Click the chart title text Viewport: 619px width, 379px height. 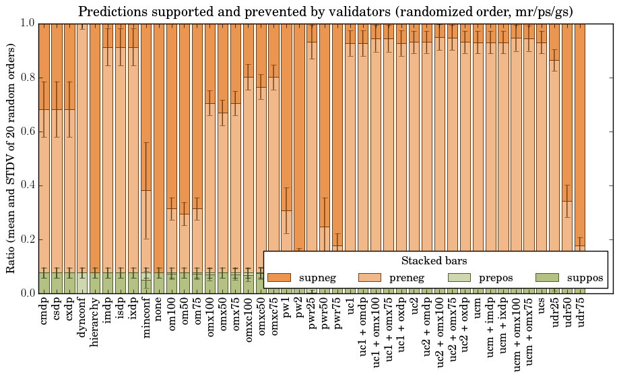[x=325, y=11]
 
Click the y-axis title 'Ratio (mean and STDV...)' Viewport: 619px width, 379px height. [x=11, y=158]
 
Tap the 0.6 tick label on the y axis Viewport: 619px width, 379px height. [x=27, y=132]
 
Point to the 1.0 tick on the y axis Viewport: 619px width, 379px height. [x=27, y=23]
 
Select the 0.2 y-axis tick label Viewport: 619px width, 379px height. [x=27, y=239]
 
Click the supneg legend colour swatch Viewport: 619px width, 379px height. [x=279, y=278]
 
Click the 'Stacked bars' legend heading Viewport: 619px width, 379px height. [x=434, y=261]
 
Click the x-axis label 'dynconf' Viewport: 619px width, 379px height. [x=82, y=318]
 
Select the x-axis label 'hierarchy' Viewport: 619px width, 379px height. [x=95, y=320]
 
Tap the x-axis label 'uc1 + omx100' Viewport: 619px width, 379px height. [x=377, y=331]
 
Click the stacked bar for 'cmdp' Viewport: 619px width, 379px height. [x=44, y=169]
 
